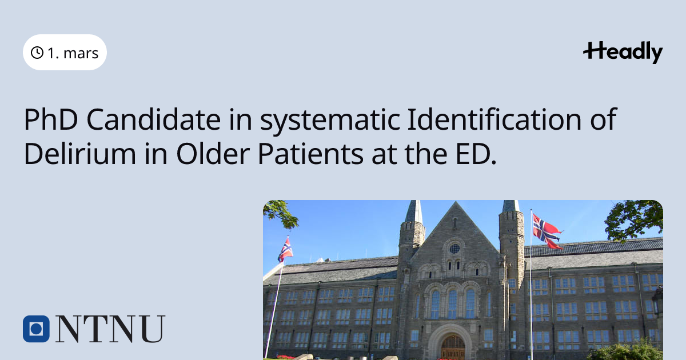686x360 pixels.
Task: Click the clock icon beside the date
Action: tap(37, 53)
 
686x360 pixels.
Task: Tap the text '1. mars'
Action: tap(73, 53)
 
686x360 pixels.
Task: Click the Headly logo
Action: tap(623, 52)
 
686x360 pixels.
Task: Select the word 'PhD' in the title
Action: tap(51, 119)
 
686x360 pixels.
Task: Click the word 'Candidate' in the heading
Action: tap(154, 119)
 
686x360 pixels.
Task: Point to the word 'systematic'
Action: tap(330, 121)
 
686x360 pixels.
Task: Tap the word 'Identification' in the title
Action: tap(494, 119)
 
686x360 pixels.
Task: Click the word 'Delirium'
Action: tap(80, 153)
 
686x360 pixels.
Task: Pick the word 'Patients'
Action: tap(310, 153)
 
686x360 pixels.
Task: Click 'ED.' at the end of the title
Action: tap(476, 154)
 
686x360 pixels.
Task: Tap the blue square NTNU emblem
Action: tap(36, 329)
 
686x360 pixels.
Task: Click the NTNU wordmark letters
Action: tap(110, 329)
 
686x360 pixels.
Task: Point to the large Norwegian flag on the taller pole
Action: tap(547, 231)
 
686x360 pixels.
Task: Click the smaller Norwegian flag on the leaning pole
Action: tap(285, 250)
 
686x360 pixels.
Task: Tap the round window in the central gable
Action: tap(454, 249)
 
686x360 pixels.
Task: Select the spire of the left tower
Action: tap(414, 211)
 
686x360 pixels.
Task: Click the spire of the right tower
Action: tap(511, 206)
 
